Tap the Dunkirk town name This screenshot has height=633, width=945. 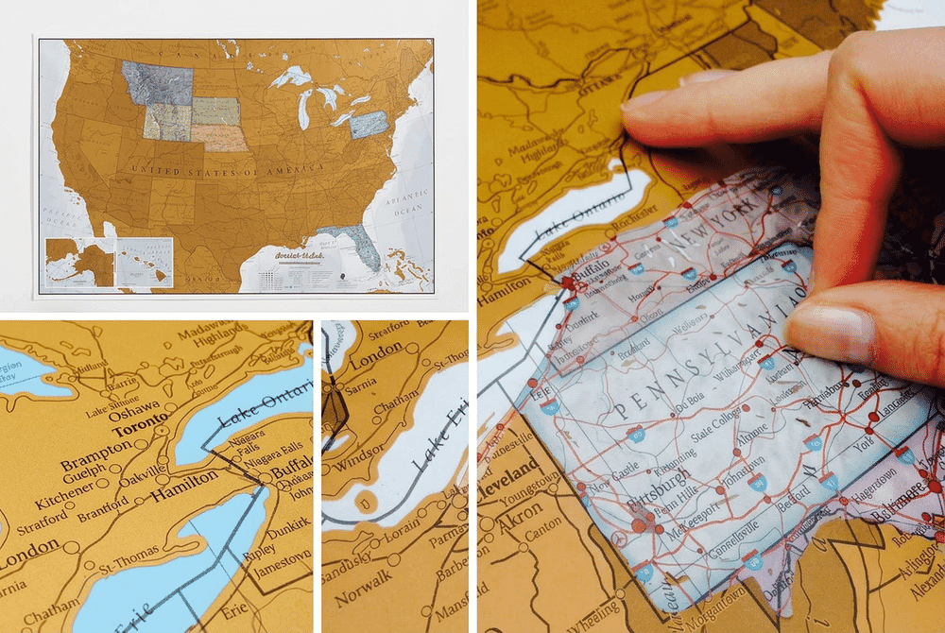coord(288,522)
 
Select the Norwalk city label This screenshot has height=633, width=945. coord(364,597)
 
